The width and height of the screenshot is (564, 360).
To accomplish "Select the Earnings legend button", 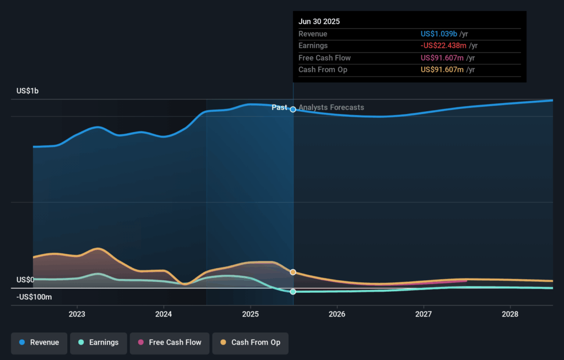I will pos(98,342).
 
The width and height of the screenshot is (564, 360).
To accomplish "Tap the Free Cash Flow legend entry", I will pos(170,342).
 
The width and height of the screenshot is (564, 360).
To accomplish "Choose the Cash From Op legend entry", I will pos(250,342).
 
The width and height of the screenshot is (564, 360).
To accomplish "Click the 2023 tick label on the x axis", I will pos(77,314).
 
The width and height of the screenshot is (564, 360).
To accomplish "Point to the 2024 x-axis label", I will pos(164,314).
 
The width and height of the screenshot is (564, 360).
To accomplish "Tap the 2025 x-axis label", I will pos(250,314).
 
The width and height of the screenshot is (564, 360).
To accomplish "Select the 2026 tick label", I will pos(337,314).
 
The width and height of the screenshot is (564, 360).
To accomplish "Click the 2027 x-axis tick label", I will pos(424,314).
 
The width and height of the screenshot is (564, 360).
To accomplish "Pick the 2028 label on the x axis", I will pos(510,314).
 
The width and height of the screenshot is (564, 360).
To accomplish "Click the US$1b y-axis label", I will pos(28,91).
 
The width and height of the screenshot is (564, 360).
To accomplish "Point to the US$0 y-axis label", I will pos(25,280).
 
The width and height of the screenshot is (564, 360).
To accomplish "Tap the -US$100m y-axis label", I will pos(34,297).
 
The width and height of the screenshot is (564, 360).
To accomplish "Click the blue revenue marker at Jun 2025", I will pos(293,110).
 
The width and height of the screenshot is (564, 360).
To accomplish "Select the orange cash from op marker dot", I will pos(293,272).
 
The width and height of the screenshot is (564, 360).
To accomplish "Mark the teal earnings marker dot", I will pos(293,292).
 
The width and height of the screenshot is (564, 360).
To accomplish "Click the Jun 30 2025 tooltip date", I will pos(319,22).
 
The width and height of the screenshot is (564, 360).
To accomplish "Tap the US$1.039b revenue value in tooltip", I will pos(439,34).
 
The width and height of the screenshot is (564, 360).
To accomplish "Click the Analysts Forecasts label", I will pos(331,107).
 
